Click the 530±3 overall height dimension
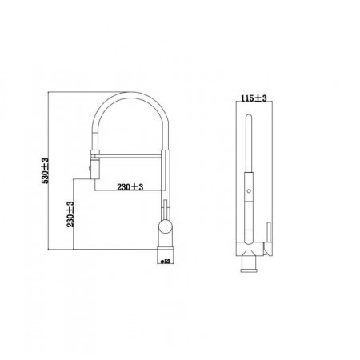pyautogui.click(x=45, y=170)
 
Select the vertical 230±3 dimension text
pyautogui.click(x=70, y=214)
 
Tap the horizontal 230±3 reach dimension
pyautogui.click(x=130, y=187)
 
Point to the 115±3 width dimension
pyautogui.click(x=254, y=98)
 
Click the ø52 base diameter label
pyautogui.click(x=166, y=262)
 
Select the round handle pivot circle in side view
pyautogui.click(x=166, y=226)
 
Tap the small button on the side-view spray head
pyautogui.click(x=90, y=168)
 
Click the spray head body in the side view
pyautogui.click(x=95, y=168)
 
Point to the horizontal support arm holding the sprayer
pyautogui.click(x=130, y=156)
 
